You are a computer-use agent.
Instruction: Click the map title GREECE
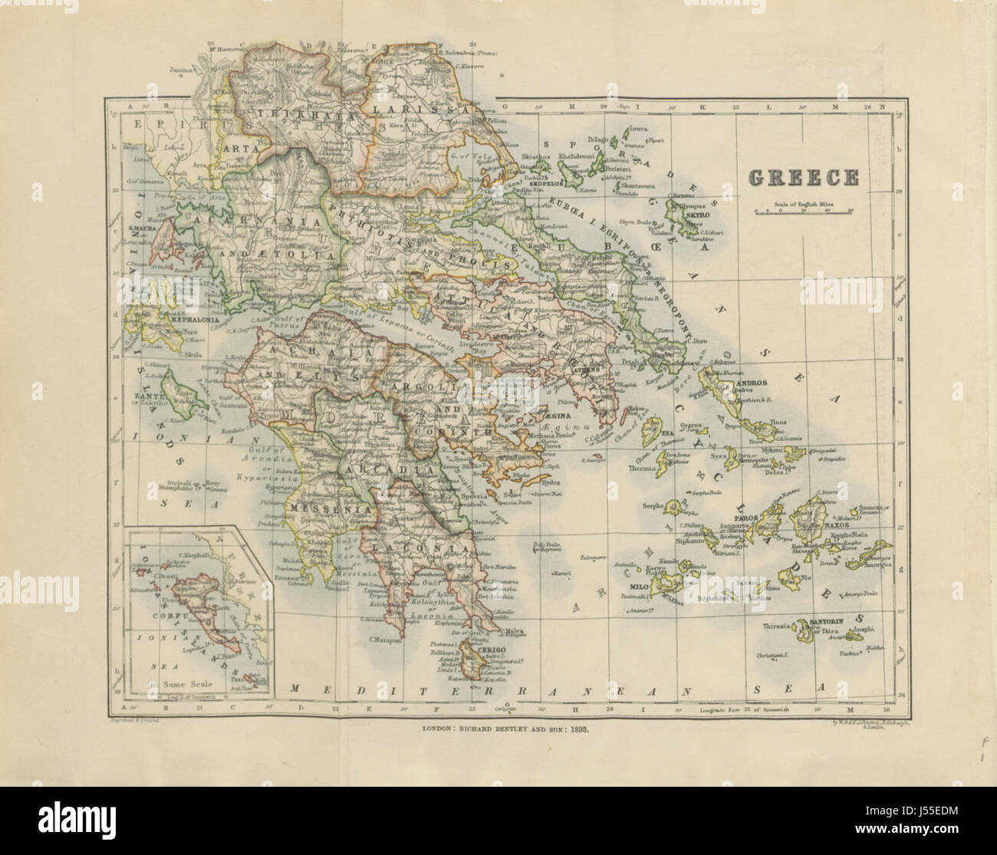tap(802, 177)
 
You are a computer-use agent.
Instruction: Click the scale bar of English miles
tap(802, 213)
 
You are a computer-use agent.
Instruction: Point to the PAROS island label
tap(748, 518)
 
